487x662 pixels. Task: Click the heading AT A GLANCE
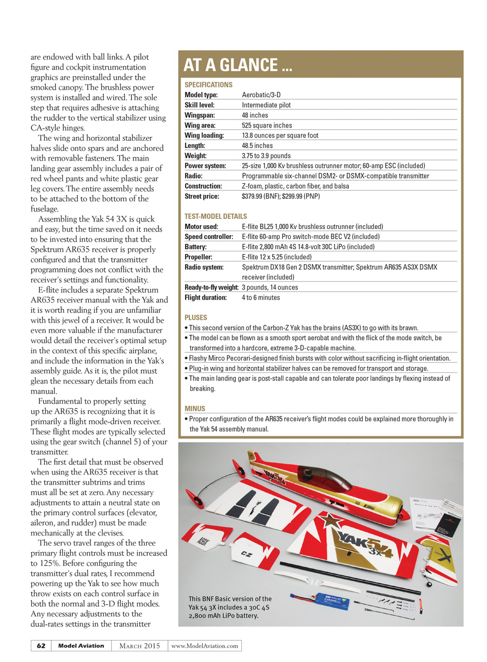[238, 65]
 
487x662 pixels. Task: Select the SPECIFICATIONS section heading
[208, 84]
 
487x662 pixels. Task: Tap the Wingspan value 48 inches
[255, 115]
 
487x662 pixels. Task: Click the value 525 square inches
[267, 125]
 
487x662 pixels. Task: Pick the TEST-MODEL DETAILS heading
[215, 216]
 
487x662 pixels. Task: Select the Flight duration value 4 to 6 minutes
[261, 298]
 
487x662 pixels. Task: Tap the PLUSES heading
[196, 318]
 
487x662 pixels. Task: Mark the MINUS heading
[195, 409]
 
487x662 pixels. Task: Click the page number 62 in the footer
[41, 646]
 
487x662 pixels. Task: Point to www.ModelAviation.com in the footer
[205, 646]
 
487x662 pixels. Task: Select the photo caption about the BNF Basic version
[231, 607]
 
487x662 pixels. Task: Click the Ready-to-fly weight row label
[212, 287]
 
